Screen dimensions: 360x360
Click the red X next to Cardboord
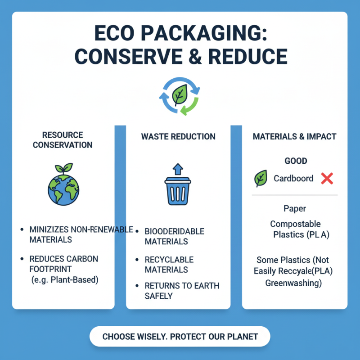tap(327, 179)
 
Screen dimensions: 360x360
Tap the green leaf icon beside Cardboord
tap(260, 179)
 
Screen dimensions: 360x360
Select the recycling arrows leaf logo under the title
tap(180, 96)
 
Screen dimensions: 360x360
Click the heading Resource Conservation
tap(63, 139)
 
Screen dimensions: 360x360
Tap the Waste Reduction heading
tap(178, 136)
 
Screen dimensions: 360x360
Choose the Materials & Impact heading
tap(294, 136)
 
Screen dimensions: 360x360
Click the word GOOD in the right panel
tap(296, 161)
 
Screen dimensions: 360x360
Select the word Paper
tap(295, 209)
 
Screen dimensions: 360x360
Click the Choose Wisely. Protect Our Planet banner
tap(180, 336)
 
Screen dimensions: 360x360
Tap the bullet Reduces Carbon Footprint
tap(63, 264)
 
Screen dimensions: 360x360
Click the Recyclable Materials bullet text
tap(169, 265)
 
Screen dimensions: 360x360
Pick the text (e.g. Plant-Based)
tap(65, 280)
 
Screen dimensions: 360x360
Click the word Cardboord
tap(293, 179)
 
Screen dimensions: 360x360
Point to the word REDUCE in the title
tap(249, 57)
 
